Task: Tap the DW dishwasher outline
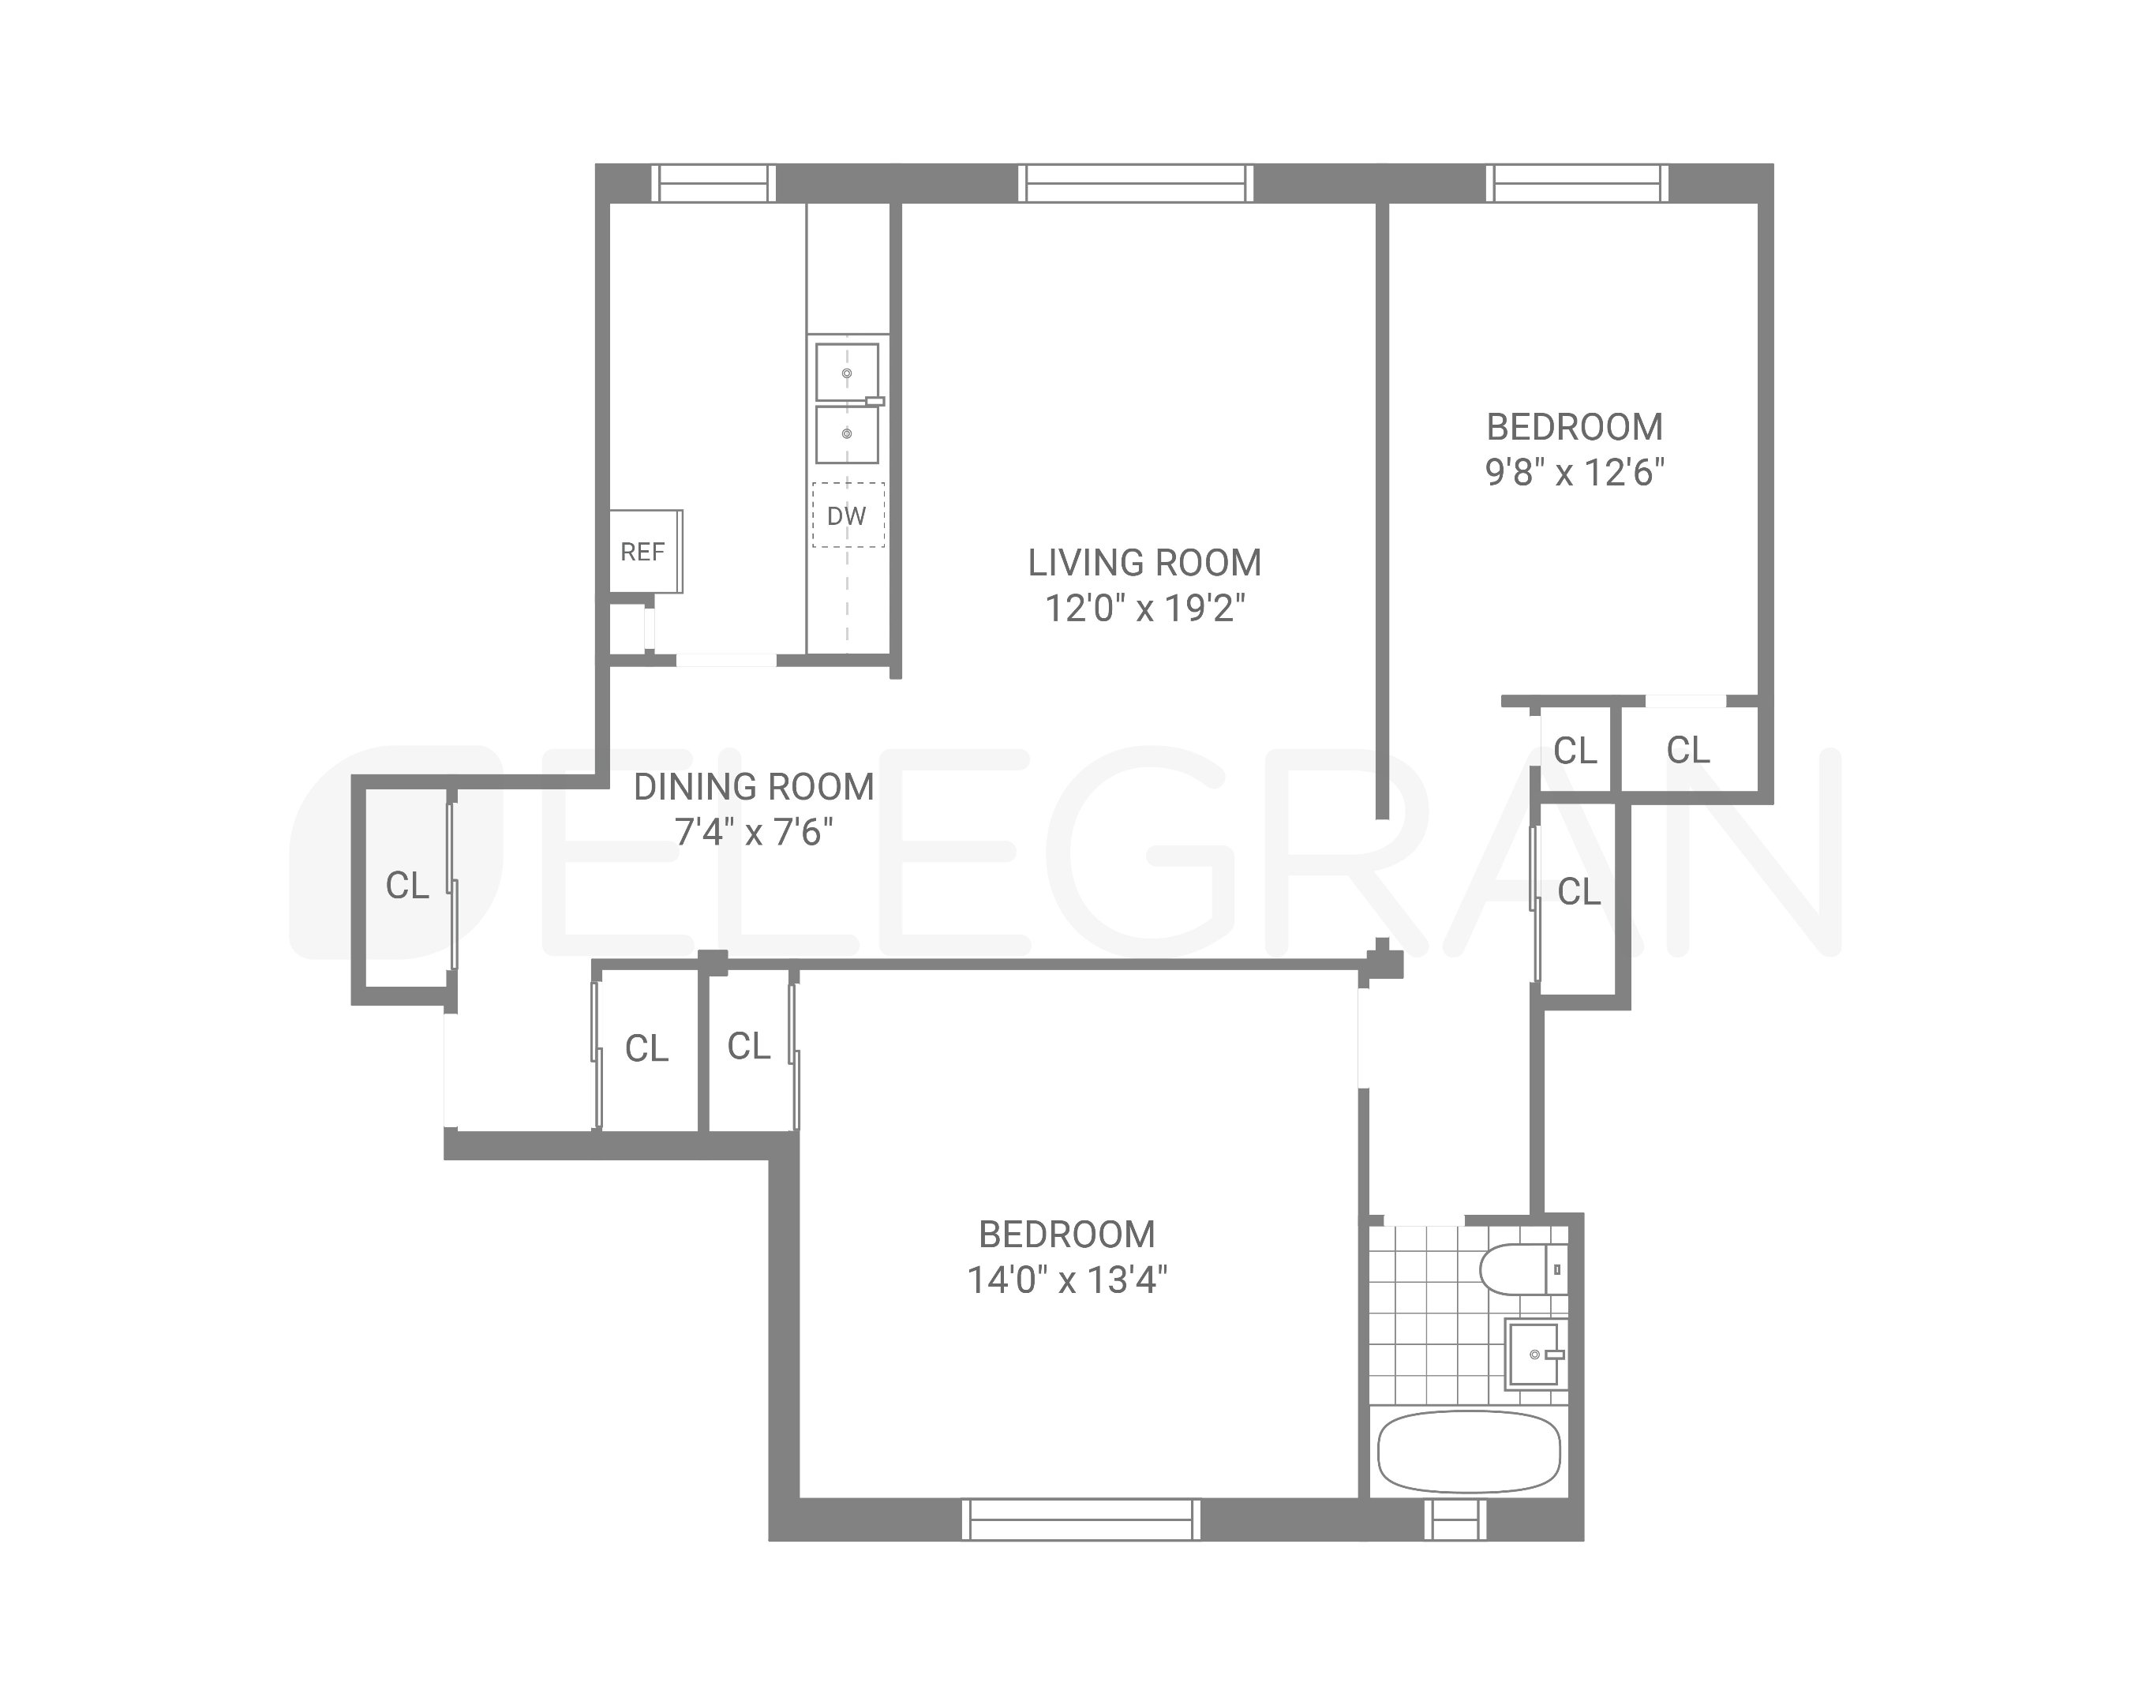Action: click(847, 515)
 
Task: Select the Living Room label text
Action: click(1144, 562)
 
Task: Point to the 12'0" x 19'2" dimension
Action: click(1144, 608)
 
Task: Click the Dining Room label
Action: click(753, 787)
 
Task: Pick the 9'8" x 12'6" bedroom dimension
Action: click(1575, 473)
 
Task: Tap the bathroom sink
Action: click(1535, 1354)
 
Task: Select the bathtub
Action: click(1469, 1452)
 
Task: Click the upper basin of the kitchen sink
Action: click(846, 373)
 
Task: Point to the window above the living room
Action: click(1136, 184)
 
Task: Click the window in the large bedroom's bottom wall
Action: click(1081, 1520)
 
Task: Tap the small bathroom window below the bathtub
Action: click(1454, 1520)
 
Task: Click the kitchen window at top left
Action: click(713, 184)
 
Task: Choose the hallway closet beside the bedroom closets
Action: click(1579, 893)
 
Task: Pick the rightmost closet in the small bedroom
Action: click(1687, 750)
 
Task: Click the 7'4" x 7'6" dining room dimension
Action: click(753, 832)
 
